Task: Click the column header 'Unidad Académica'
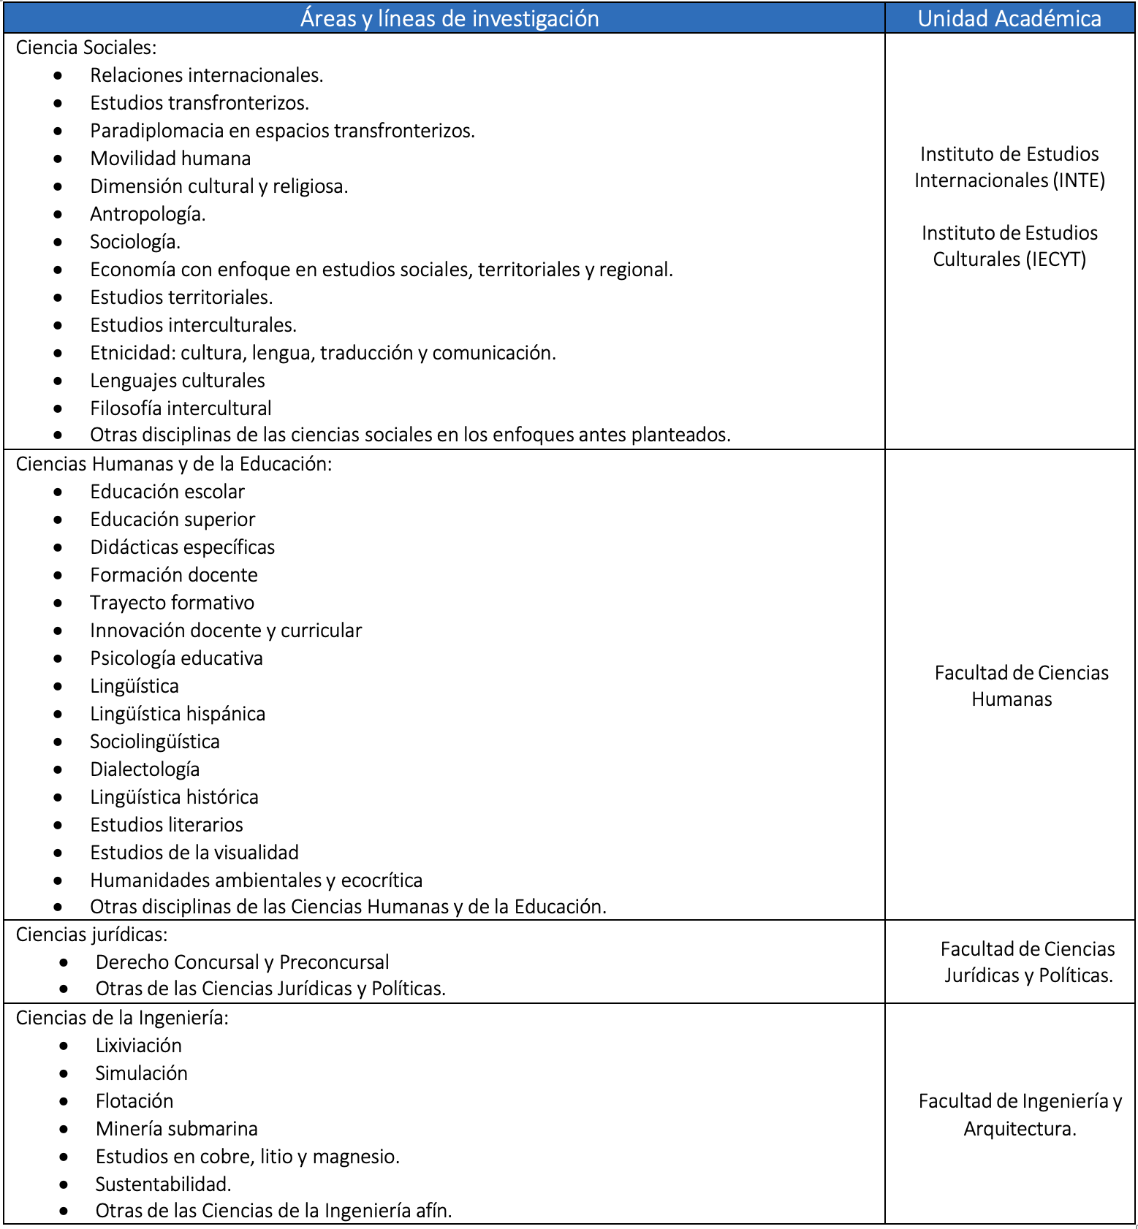click(1009, 18)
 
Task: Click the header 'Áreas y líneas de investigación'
click(449, 18)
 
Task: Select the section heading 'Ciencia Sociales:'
click(86, 47)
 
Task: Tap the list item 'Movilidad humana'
click(170, 159)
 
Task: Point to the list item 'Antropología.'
click(148, 214)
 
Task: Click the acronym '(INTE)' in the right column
click(1079, 180)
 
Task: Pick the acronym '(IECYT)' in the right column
click(1056, 259)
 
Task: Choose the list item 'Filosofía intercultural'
click(181, 408)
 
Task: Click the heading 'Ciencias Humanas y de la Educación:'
click(174, 464)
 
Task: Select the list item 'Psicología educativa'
click(176, 658)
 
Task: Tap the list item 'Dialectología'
click(145, 769)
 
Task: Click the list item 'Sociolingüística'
click(155, 742)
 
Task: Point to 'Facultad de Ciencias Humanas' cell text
click(1020, 686)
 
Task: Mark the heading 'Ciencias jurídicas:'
click(92, 935)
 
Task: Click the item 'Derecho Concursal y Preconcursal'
click(242, 962)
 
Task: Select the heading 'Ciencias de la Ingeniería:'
click(122, 1018)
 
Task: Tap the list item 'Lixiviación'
click(138, 1046)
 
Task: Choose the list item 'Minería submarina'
click(176, 1129)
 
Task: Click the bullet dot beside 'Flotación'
click(64, 1101)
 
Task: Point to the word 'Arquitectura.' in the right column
click(1020, 1129)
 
